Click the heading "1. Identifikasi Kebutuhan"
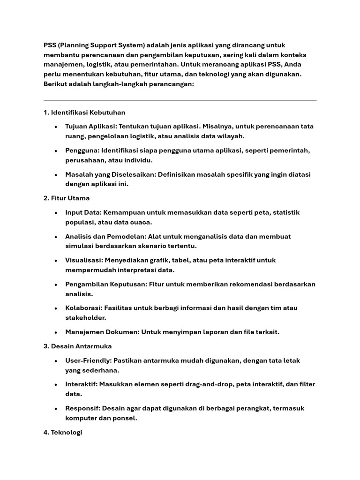(84, 112)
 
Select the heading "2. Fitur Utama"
(66, 198)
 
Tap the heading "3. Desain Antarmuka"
(77, 346)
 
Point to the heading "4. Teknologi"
(62, 433)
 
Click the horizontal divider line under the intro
(180, 100)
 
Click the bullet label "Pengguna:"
(82, 150)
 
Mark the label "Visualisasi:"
(84, 260)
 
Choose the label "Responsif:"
(83, 408)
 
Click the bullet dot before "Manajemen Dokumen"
(56, 332)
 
